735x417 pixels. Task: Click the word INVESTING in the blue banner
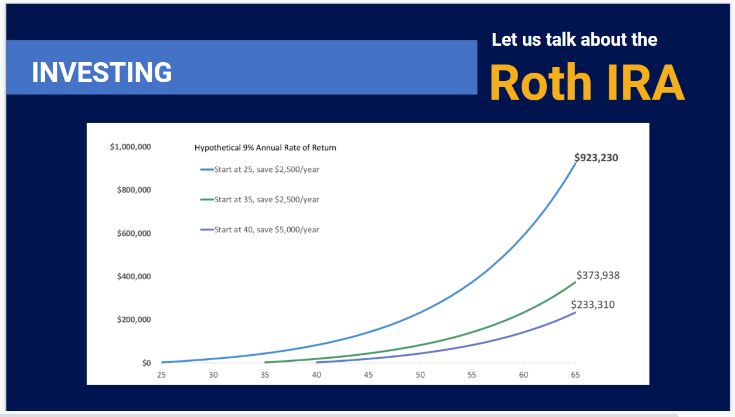pos(102,72)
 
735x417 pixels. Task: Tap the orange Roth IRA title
pos(587,83)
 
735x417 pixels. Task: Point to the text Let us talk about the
pos(574,40)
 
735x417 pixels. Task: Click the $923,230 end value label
pos(596,157)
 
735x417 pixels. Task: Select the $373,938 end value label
pos(598,275)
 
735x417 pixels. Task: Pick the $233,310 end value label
pos(593,304)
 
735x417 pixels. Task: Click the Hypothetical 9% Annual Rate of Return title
pos(266,148)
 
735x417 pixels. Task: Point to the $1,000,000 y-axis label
pos(130,147)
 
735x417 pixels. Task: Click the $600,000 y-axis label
pos(134,233)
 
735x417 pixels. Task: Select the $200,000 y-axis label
pos(134,320)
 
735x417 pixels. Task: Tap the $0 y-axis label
pos(146,363)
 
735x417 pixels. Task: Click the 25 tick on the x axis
pos(161,375)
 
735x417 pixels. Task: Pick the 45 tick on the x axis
pos(368,375)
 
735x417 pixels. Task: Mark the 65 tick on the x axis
pos(575,375)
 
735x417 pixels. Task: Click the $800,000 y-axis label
pos(134,190)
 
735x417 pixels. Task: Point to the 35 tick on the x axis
pos(265,375)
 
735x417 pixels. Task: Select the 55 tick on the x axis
pos(472,375)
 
